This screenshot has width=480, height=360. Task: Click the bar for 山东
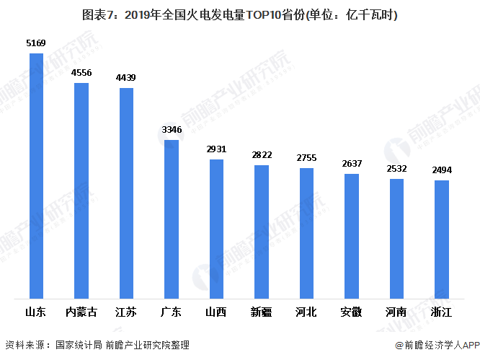click(x=36, y=175)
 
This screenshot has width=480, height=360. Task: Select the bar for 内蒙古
click(x=81, y=190)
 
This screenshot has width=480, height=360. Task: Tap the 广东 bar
click(x=172, y=219)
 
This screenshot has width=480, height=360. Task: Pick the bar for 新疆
click(x=262, y=232)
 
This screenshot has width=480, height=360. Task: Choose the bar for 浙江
click(x=442, y=239)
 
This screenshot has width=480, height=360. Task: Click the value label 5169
click(x=36, y=44)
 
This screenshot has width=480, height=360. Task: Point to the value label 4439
click(x=126, y=78)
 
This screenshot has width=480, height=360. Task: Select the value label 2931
click(x=216, y=149)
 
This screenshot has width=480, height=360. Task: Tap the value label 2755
click(x=306, y=158)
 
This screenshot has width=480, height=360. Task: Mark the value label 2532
click(x=396, y=169)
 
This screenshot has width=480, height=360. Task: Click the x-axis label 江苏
click(x=126, y=312)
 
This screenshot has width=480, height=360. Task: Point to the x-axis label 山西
click(x=216, y=312)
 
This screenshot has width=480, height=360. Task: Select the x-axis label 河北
click(x=306, y=312)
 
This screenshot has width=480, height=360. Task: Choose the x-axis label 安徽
click(x=352, y=312)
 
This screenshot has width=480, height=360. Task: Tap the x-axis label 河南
click(x=396, y=312)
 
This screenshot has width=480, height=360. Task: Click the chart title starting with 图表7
click(x=240, y=15)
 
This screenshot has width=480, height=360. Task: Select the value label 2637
click(x=352, y=164)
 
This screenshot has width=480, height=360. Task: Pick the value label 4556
click(x=81, y=73)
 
